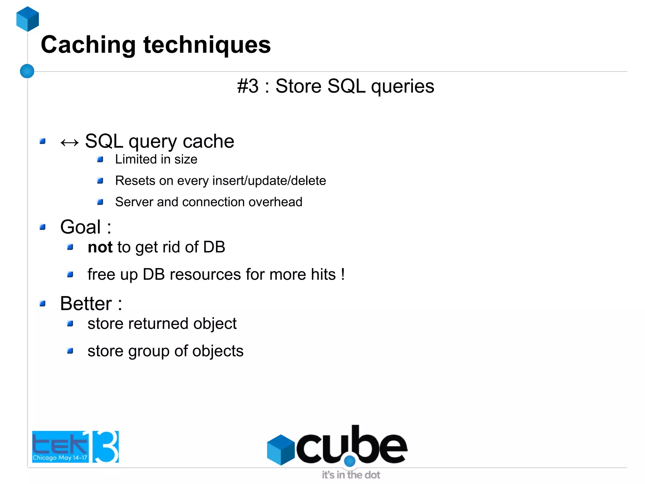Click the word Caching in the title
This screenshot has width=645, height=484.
(x=88, y=45)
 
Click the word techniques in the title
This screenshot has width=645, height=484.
(x=207, y=45)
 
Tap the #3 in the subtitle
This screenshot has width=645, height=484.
(x=248, y=86)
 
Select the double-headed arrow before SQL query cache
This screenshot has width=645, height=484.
(x=69, y=143)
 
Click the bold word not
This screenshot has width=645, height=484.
(x=100, y=247)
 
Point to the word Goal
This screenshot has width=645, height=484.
(x=81, y=227)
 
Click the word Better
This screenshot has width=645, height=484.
(x=86, y=304)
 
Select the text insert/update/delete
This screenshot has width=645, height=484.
(x=269, y=181)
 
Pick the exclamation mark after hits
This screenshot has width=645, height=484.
(x=343, y=274)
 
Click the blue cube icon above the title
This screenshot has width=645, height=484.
(x=28, y=19)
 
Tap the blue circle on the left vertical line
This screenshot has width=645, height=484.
(x=27, y=71)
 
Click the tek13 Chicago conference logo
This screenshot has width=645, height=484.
(x=75, y=446)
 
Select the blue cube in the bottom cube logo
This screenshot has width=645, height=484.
(x=280, y=450)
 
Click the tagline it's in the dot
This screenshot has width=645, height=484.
(x=351, y=475)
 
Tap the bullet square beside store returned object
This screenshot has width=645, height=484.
(x=70, y=324)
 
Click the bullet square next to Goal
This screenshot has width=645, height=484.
(x=43, y=227)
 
